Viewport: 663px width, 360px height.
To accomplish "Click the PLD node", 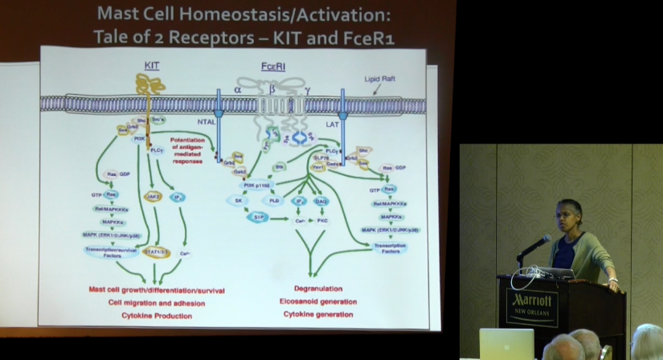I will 274,201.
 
